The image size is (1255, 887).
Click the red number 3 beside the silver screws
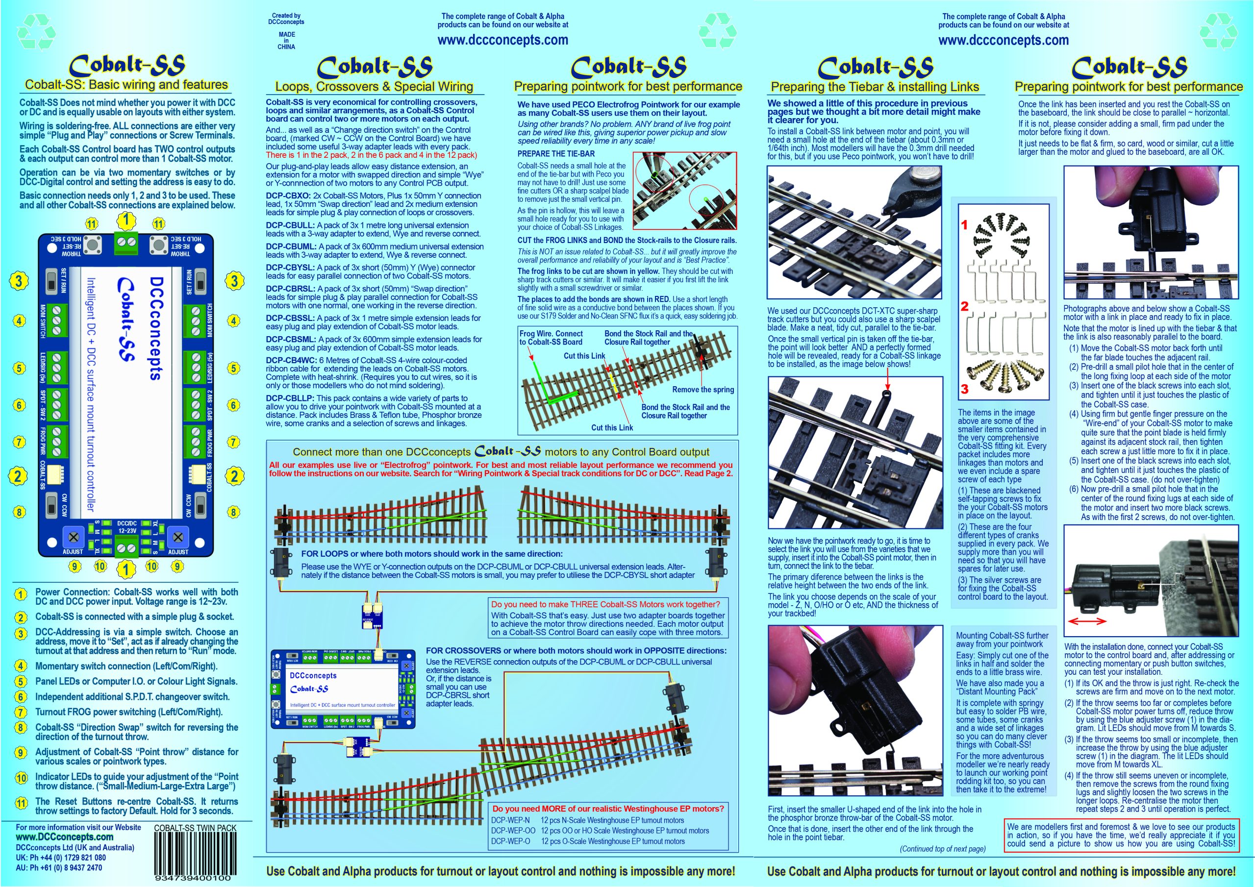[965, 389]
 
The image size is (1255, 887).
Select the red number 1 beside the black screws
[965, 224]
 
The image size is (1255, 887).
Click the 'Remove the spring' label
[703, 390]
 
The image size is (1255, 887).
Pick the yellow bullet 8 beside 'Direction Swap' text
[21, 728]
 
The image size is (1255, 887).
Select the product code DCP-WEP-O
[510, 841]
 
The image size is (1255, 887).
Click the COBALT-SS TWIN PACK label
[195, 828]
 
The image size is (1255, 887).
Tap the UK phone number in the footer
[61, 858]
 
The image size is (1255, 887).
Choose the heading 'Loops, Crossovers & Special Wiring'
[374, 86]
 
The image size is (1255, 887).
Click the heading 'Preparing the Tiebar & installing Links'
[875, 86]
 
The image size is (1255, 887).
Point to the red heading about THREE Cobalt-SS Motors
[605, 604]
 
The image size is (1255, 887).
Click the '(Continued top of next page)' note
[943, 849]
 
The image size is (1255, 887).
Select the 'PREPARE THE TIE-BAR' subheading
[556, 154]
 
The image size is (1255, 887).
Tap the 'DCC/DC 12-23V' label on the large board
[127, 527]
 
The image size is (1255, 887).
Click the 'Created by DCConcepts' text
[286, 19]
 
